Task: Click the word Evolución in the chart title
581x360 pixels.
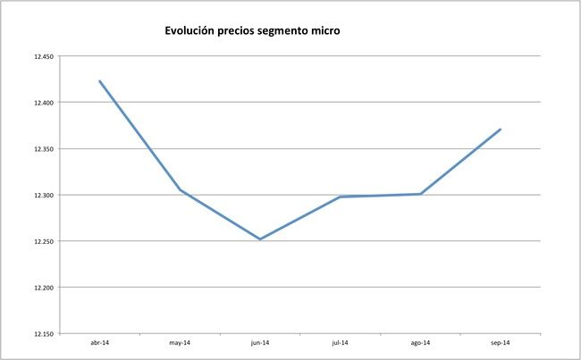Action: tap(191, 31)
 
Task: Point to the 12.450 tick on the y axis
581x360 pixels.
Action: tap(42, 56)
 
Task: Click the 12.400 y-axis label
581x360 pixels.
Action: tap(42, 103)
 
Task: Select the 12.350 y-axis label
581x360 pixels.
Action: tap(42, 149)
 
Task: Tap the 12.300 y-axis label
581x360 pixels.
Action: tap(42, 196)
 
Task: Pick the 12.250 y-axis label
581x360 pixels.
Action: tap(42, 241)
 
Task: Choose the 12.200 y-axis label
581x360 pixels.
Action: tap(42, 288)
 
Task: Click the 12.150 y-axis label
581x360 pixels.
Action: tap(42, 334)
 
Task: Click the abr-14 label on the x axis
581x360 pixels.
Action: tap(100, 342)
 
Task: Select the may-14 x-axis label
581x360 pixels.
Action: tap(180, 342)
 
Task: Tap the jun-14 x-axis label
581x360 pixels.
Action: tap(260, 342)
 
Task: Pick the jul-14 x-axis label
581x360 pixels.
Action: tap(340, 342)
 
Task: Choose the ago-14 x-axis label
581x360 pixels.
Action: tap(420, 342)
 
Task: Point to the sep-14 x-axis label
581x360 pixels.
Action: tap(501, 342)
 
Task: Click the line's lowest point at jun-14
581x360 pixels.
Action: tap(260, 239)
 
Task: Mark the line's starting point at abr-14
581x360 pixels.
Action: tap(100, 81)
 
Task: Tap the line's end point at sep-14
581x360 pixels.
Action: tap(501, 130)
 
